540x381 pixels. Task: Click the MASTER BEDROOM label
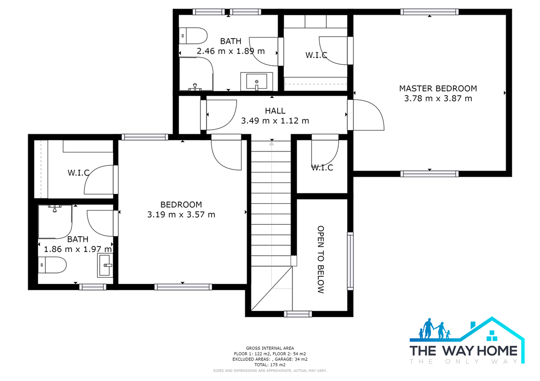pyautogui.click(x=438, y=89)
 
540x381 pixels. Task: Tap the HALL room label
pyautogui.click(x=275, y=110)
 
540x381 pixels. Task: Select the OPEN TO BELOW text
pyautogui.click(x=321, y=260)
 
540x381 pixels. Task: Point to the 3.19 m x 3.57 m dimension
pyautogui.click(x=181, y=215)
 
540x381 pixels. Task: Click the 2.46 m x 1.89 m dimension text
pyautogui.click(x=231, y=51)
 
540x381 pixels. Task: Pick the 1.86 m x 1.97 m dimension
pyautogui.click(x=78, y=249)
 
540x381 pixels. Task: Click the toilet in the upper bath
pyautogui.click(x=193, y=36)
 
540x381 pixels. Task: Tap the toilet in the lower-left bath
pyautogui.click(x=52, y=265)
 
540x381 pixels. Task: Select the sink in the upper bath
pyautogui.click(x=257, y=81)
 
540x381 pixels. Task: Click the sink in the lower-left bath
pyautogui.click(x=105, y=265)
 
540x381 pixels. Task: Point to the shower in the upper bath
pyautogui.click(x=196, y=74)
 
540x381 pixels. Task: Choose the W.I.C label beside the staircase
pyautogui.click(x=322, y=168)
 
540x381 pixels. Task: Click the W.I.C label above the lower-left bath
pyautogui.click(x=79, y=172)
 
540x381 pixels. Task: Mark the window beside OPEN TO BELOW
pyautogui.click(x=350, y=261)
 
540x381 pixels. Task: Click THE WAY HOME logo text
pyautogui.click(x=464, y=351)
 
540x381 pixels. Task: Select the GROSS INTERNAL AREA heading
pyautogui.click(x=270, y=348)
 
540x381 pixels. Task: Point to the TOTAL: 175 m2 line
pyautogui.click(x=270, y=365)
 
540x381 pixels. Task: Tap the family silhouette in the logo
pyautogui.click(x=434, y=329)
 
